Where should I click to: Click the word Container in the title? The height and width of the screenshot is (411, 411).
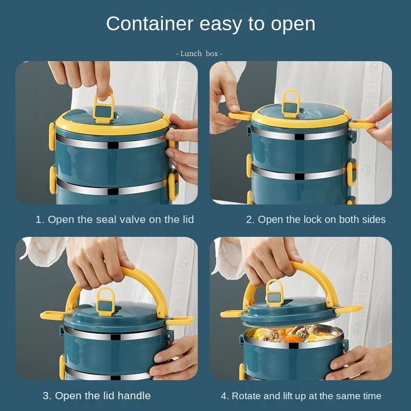(150, 24)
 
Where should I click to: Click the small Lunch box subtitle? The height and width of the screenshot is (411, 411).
(199, 53)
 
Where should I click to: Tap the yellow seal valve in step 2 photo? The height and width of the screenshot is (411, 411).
(291, 104)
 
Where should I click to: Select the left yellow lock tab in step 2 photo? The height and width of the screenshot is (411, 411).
(240, 115)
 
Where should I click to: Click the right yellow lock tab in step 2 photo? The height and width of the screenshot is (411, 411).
(362, 124)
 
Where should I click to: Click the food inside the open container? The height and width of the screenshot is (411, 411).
(293, 334)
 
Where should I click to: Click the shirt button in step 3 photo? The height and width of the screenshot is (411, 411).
(183, 261)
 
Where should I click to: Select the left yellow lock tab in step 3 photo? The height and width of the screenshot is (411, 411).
(52, 315)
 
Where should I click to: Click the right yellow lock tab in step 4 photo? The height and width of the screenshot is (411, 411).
(349, 309)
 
